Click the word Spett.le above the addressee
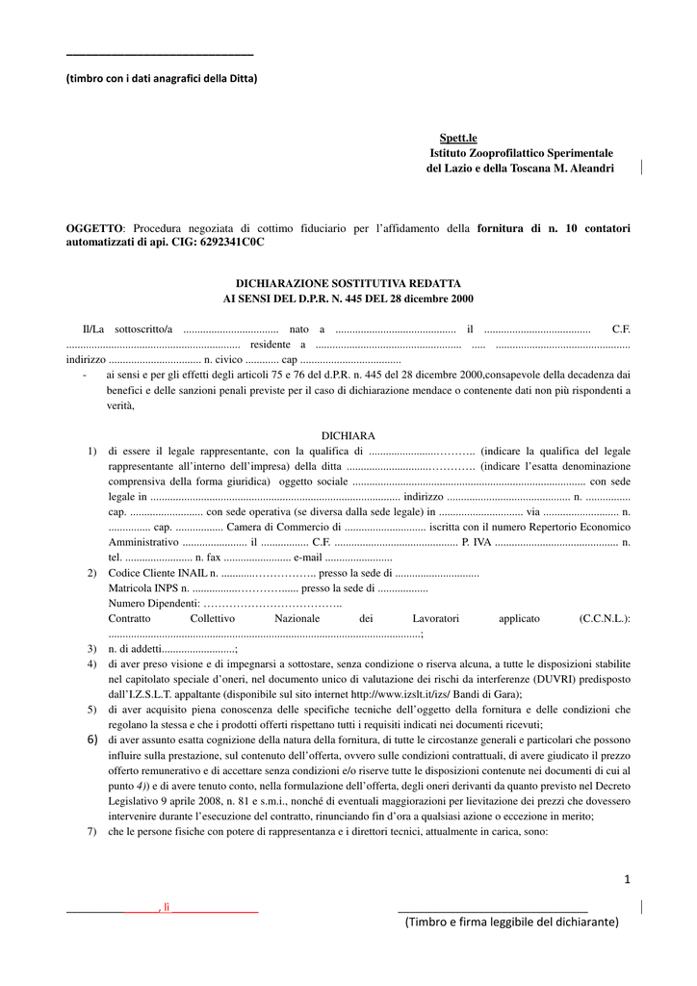point(458,140)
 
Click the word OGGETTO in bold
point(95,228)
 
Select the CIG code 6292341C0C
point(231,243)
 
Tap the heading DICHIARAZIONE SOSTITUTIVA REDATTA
point(348,284)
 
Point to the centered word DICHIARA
point(348,436)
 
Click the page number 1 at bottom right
point(626,878)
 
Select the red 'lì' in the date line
point(166,907)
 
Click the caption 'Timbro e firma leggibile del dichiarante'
point(511,922)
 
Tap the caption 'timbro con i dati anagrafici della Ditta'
point(162,78)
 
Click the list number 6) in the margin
point(92,739)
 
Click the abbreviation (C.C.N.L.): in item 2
point(605,618)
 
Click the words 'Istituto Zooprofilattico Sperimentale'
point(522,154)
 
